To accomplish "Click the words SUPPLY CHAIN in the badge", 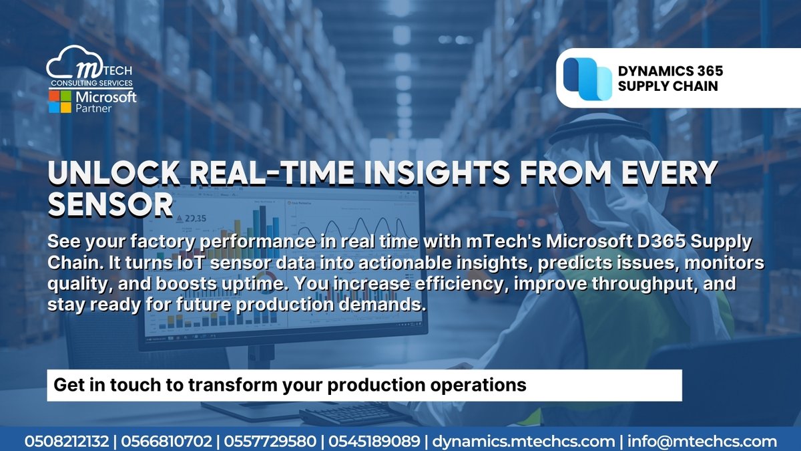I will tap(668, 86).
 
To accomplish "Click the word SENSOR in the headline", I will tap(111, 205).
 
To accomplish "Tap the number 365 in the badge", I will tap(704, 70).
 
